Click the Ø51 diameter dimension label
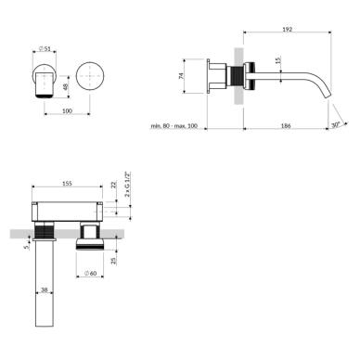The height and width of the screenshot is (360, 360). (45, 48)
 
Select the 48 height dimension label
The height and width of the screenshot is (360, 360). (65, 87)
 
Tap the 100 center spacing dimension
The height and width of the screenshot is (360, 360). (67, 110)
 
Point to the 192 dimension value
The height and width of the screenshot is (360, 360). (288, 30)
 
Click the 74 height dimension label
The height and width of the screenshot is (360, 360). (181, 76)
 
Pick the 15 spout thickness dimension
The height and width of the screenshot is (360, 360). (277, 60)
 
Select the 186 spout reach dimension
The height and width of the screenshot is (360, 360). (286, 125)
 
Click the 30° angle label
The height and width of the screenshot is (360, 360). (335, 125)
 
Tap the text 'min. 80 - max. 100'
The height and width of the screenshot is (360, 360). (174, 126)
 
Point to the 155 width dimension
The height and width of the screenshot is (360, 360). (67, 184)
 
